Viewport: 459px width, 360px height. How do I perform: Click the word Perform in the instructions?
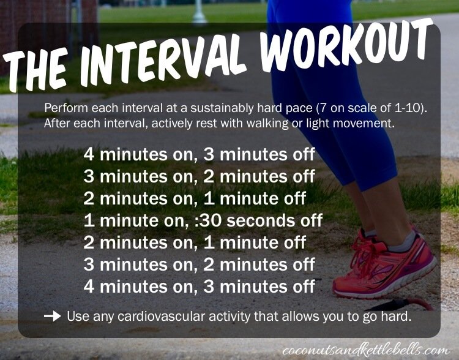click(66, 108)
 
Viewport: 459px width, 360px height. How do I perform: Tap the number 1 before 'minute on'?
click(89, 220)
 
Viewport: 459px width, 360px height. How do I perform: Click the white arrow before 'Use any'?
click(53, 317)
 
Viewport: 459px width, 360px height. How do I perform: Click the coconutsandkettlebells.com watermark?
click(366, 350)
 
